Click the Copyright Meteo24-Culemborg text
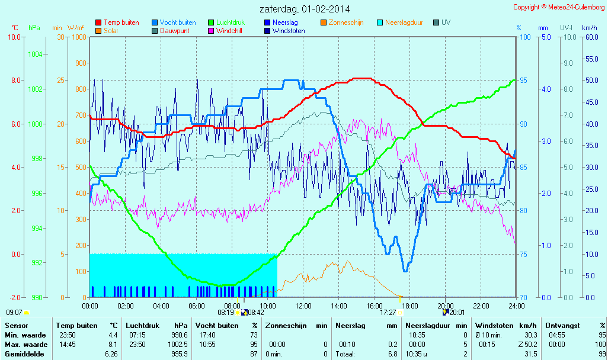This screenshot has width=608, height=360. point(559,7)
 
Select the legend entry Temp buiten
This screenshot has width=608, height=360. point(121,22)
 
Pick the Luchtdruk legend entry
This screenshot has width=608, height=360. point(233,22)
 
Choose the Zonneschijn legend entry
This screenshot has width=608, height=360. point(345,22)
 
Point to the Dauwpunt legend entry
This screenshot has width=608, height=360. point(174,31)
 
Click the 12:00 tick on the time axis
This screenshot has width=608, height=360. point(303,306)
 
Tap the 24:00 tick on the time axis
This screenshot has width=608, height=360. point(516,306)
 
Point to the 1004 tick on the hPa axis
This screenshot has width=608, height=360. point(35,54)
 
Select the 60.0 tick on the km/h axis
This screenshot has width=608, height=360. point(590,37)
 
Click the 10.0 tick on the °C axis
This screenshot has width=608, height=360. point(14,37)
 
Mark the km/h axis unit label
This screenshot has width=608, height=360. point(589,28)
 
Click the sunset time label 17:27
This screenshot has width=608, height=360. point(388,313)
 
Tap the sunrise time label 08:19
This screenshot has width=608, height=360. point(226,313)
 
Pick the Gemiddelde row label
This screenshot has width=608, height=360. point(24,354)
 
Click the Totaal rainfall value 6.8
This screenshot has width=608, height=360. point(391,354)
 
